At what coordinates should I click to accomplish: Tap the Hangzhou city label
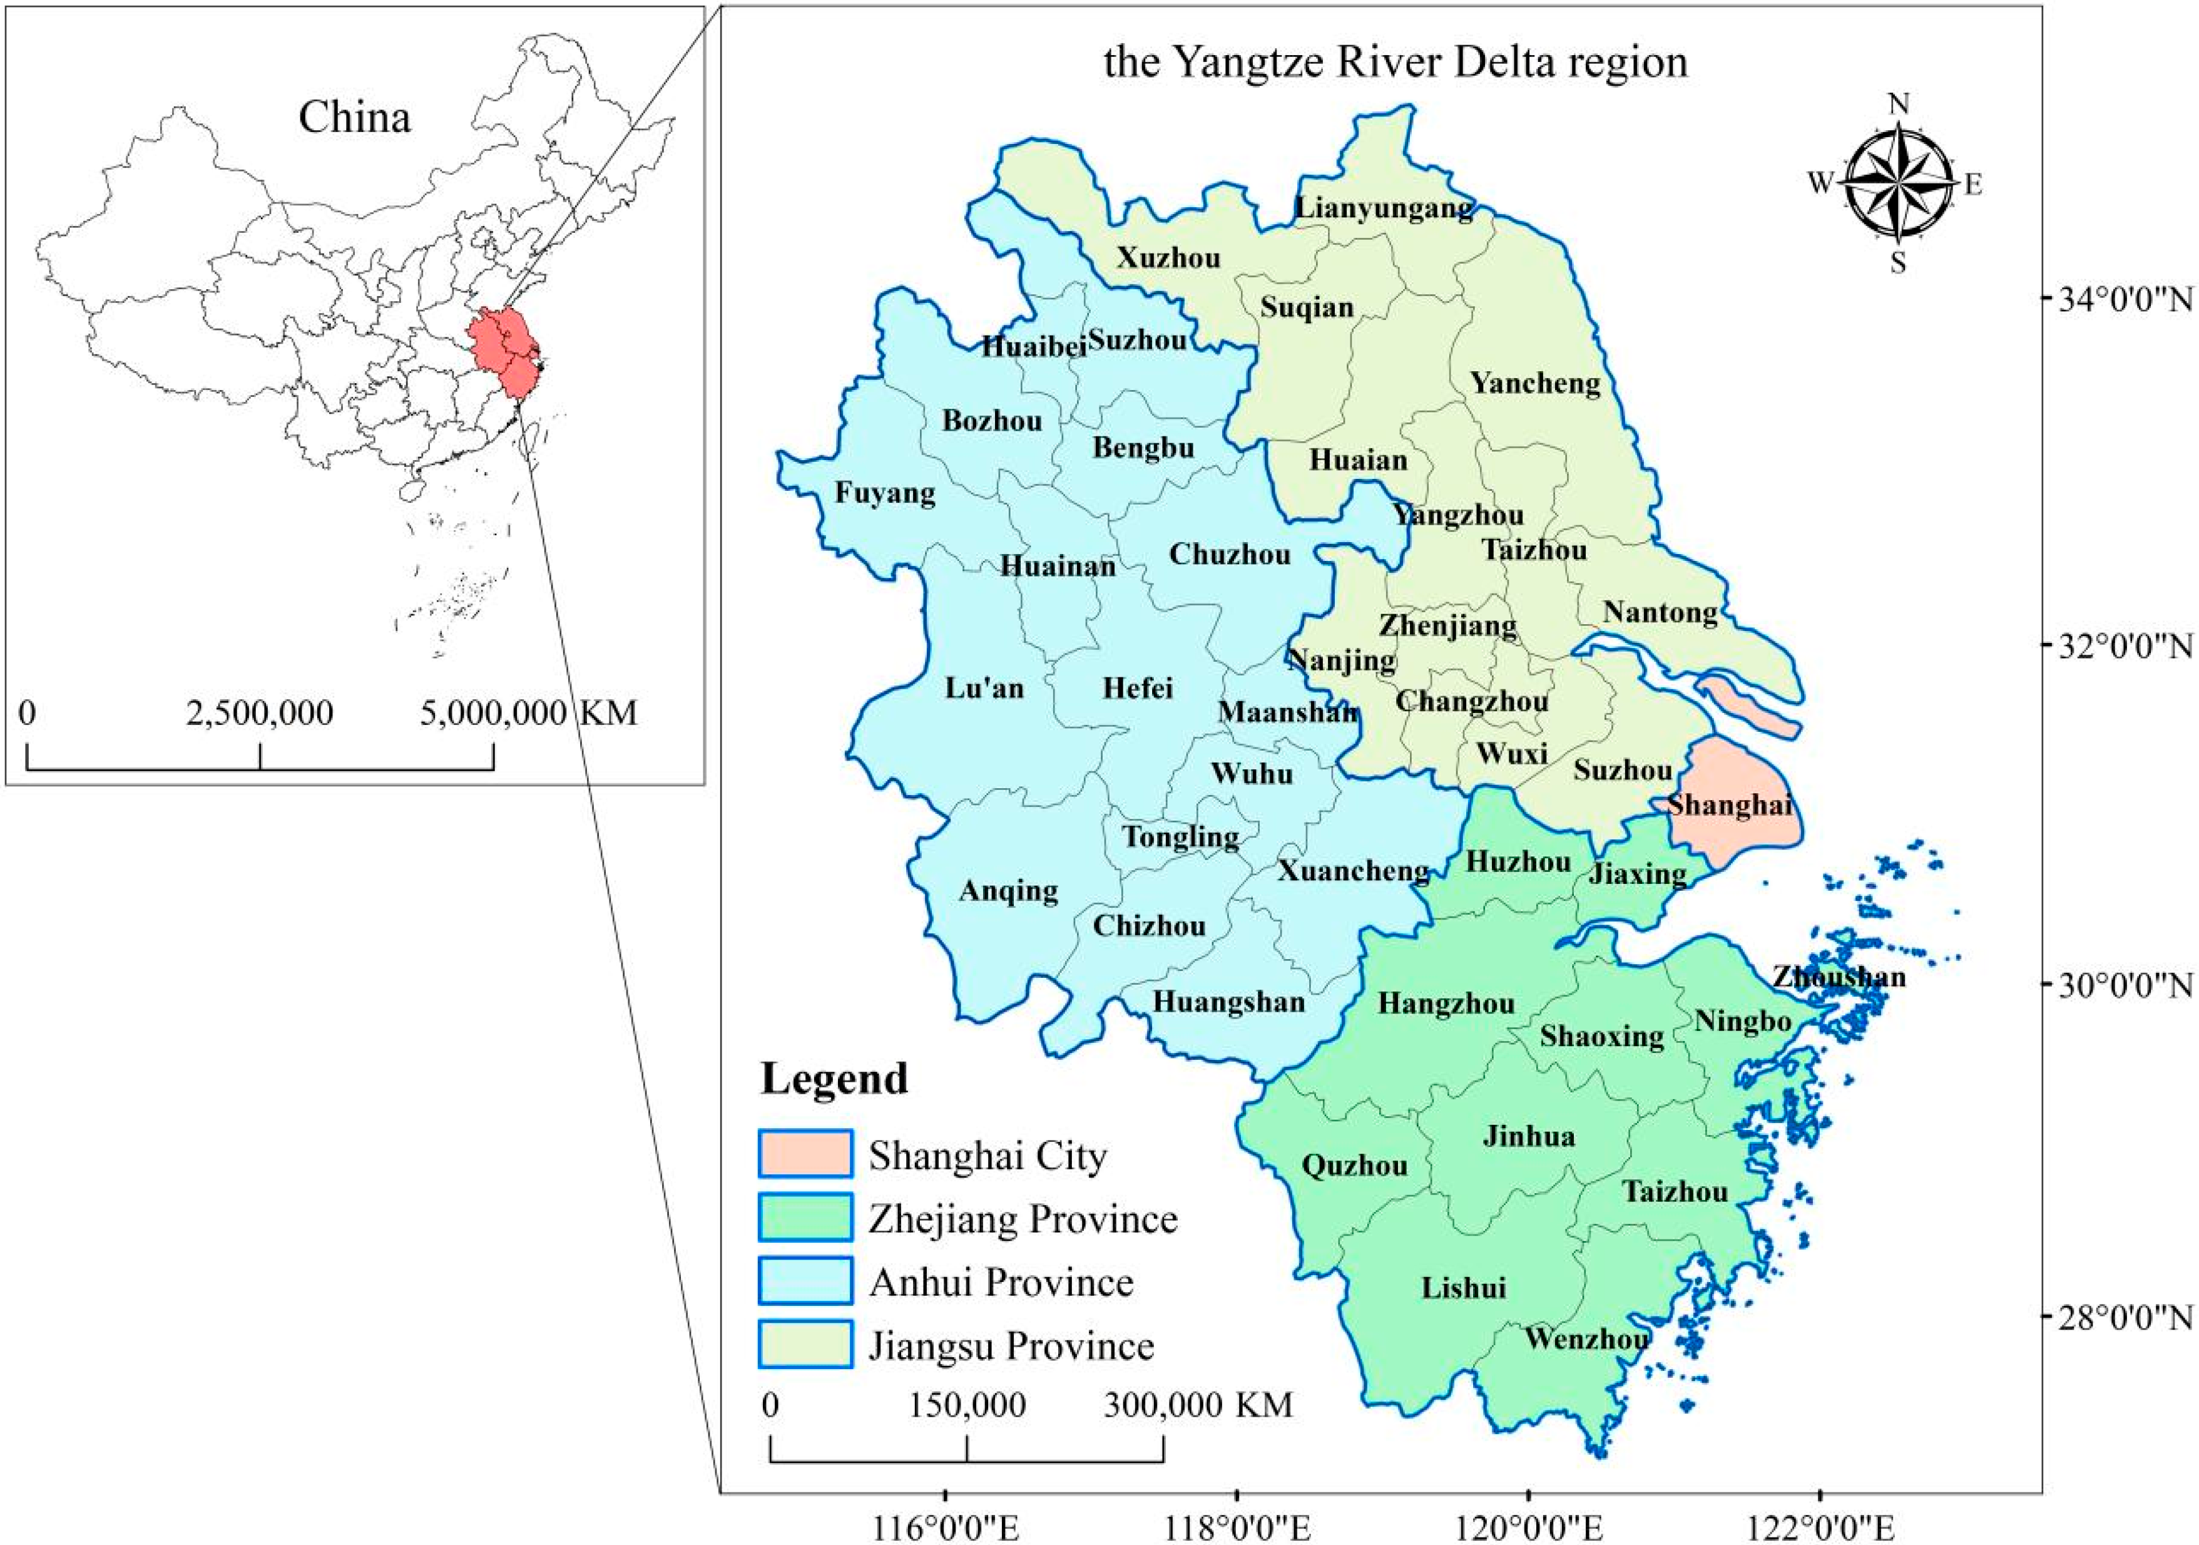(1446, 1004)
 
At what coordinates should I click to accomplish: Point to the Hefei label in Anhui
(1137, 688)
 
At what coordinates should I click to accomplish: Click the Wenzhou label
(1586, 1338)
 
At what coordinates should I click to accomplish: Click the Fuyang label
(884, 493)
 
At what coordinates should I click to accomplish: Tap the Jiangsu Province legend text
(1011, 1346)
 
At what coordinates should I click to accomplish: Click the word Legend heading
(834, 1079)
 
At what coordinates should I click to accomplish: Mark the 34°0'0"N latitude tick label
(2116, 300)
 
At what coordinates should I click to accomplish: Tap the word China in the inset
(354, 118)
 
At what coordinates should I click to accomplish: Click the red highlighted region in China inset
(503, 349)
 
